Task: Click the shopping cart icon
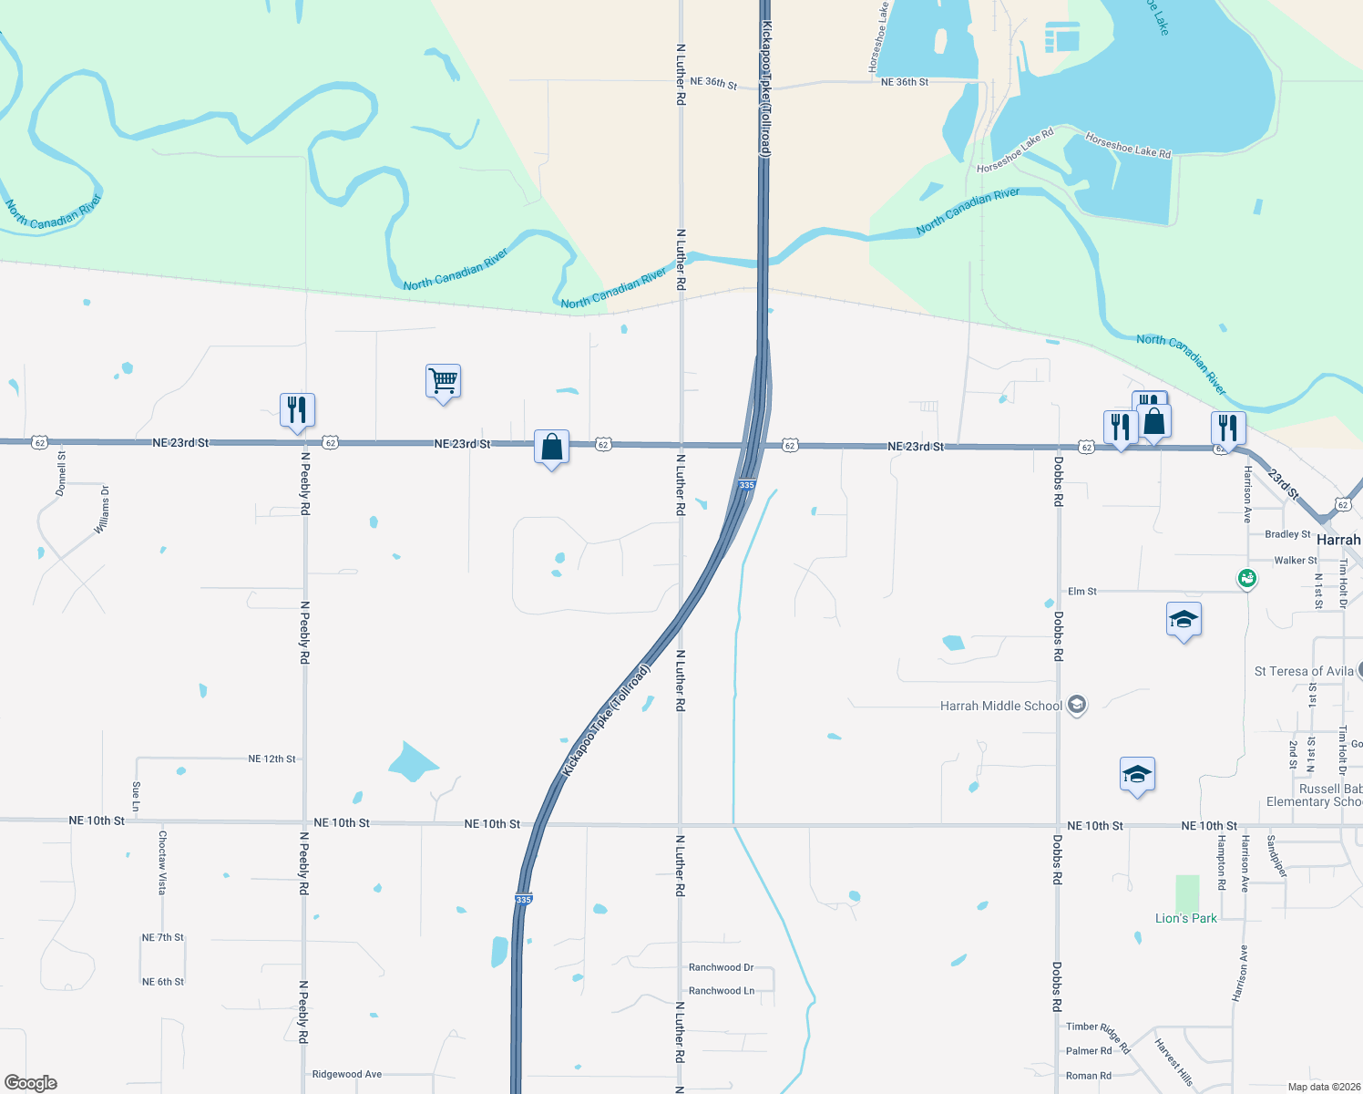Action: [443, 380]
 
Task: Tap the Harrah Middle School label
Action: [1000, 706]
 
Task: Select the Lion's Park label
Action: [1185, 918]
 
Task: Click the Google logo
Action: [30, 1083]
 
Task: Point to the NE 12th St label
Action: [272, 759]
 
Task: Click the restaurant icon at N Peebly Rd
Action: [297, 410]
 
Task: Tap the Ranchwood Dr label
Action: [721, 967]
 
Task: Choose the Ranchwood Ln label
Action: [722, 991]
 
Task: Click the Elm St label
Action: [1081, 592]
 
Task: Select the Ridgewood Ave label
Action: [346, 1074]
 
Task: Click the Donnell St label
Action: [61, 473]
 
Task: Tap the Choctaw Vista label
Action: [162, 862]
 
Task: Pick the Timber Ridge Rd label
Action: [1098, 1033]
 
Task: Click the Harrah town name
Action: [1337, 540]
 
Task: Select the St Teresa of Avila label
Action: [1304, 671]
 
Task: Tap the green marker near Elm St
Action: [1247, 577]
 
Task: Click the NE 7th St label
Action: [162, 937]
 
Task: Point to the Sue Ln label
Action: [136, 796]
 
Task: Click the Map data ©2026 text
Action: [1320, 1086]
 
